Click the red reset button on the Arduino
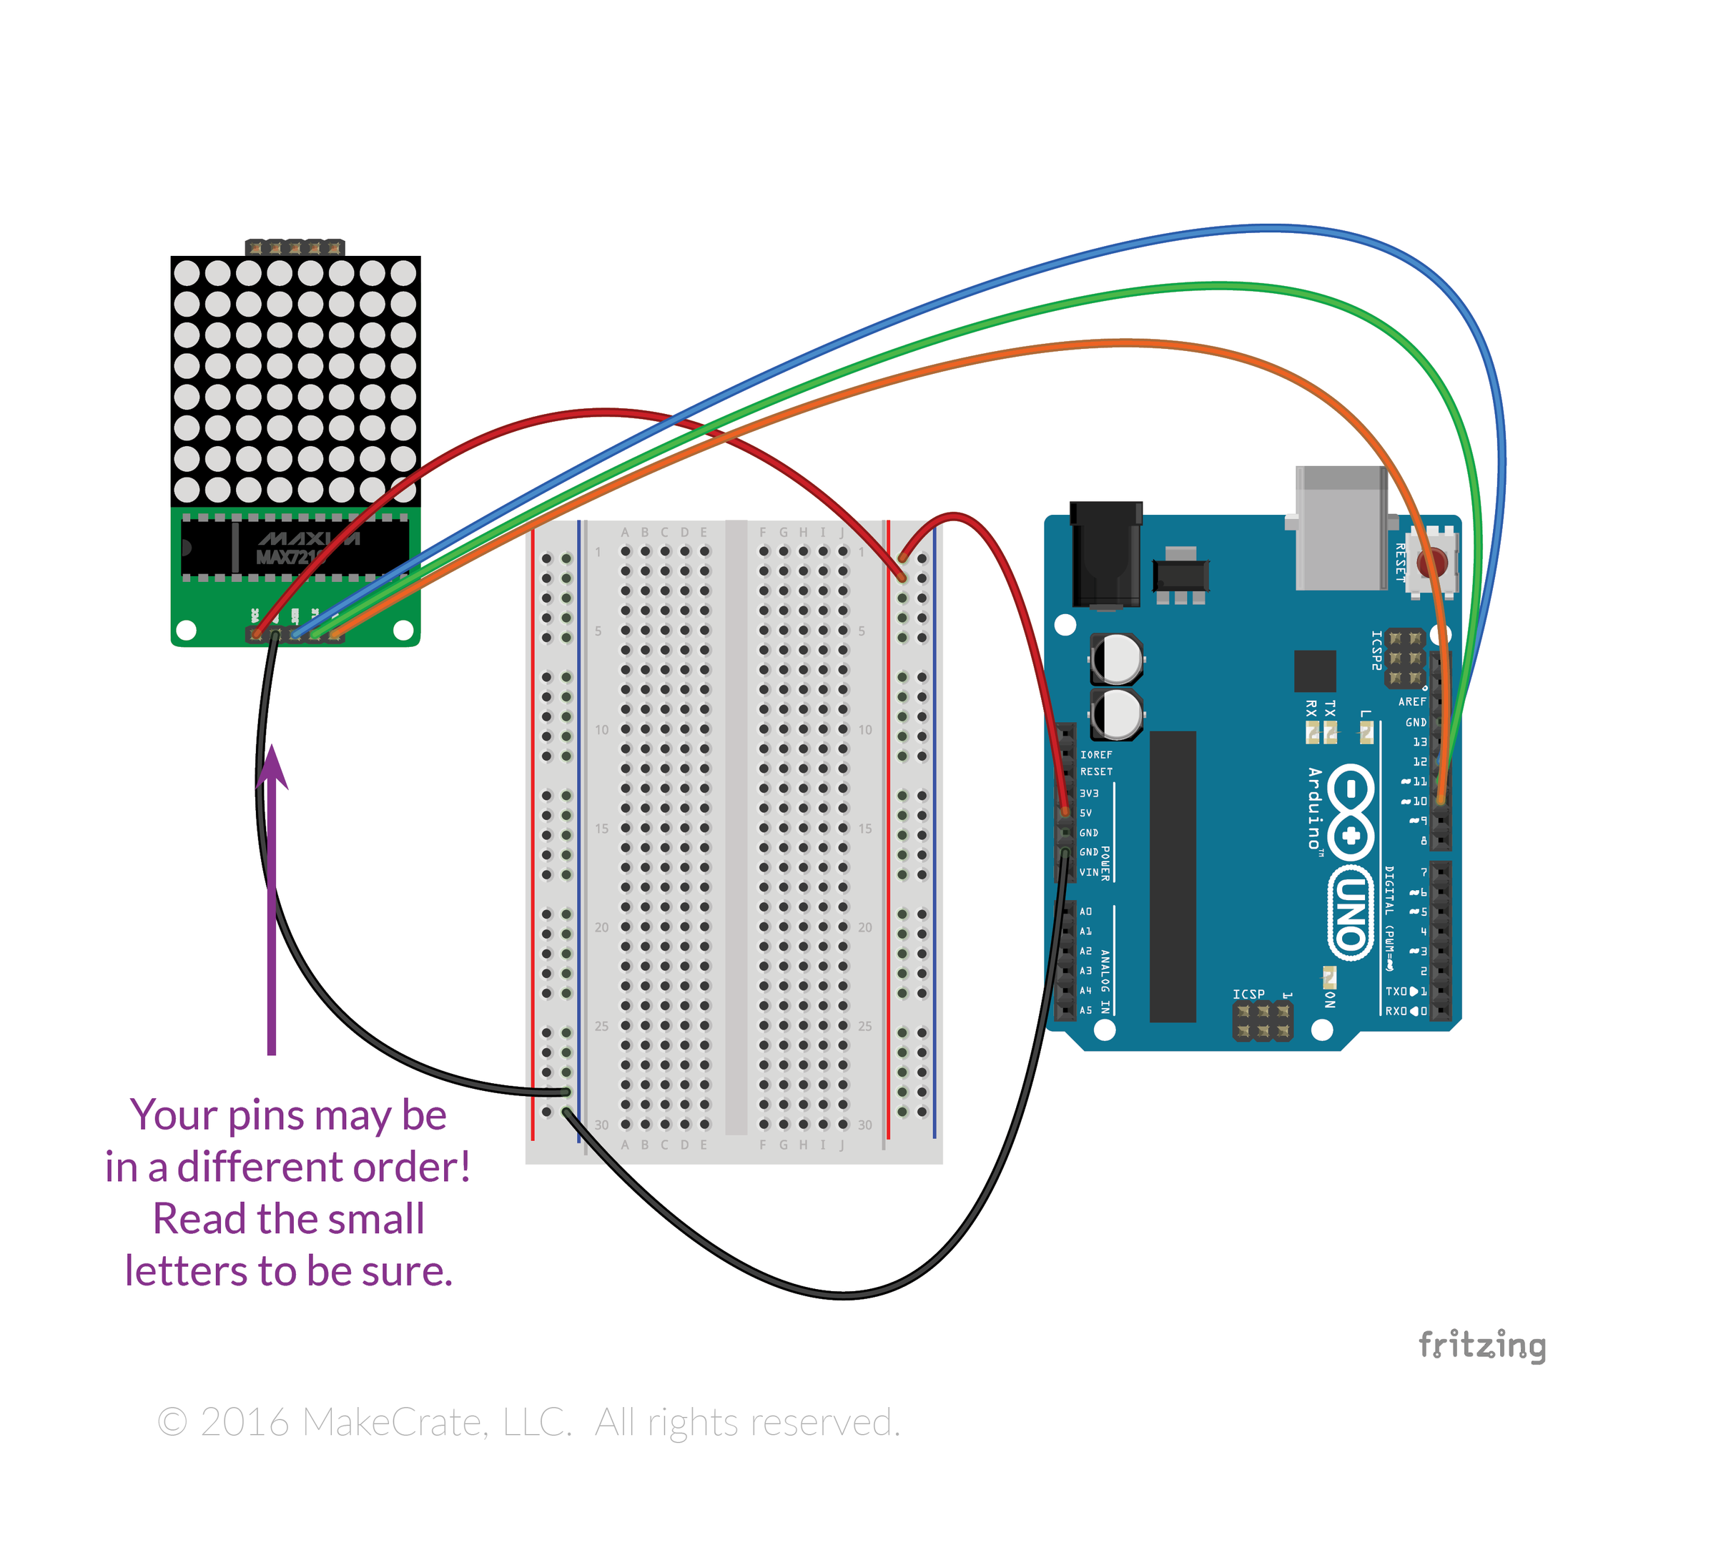tap(1433, 562)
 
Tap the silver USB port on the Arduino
tap(1341, 528)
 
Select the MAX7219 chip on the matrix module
tap(294, 546)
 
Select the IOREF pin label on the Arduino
tap(1096, 755)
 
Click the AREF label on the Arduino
tap(1412, 702)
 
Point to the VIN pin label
tap(1089, 872)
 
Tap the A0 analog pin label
tap(1085, 912)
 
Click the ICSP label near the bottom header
tap(1248, 994)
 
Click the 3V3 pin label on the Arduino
tap(1089, 793)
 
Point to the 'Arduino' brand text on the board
tap(1315, 809)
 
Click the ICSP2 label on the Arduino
tap(1376, 650)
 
